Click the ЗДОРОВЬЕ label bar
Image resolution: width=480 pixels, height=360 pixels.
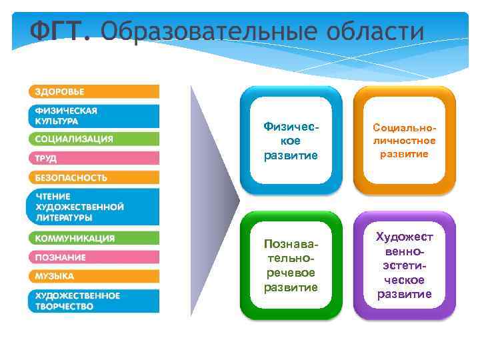(93, 91)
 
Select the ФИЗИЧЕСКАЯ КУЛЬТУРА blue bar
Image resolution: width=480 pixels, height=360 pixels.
(93, 116)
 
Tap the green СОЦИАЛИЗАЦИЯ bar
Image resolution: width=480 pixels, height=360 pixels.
(93, 139)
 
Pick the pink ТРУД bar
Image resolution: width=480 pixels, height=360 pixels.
(93, 159)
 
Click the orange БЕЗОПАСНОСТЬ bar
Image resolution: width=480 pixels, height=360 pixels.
(93, 178)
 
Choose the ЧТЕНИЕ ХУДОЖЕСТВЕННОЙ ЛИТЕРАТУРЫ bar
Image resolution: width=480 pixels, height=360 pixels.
(93, 207)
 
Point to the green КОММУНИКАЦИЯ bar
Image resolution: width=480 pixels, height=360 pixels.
(93, 238)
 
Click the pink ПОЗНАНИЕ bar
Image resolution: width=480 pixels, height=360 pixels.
(93, 257)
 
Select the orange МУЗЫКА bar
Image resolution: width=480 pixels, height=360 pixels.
(93, 276)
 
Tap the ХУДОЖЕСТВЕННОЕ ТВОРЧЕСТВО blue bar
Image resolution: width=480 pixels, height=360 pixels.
(93, 301)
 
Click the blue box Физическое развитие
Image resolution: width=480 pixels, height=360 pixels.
(291, 140)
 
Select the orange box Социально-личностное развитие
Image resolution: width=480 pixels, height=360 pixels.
(404, 140)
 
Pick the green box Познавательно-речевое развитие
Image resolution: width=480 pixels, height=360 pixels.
(291, 265)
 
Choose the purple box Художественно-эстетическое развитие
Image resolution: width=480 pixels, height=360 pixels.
(404, 265)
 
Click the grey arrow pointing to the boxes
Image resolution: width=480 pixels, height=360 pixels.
(213, 200)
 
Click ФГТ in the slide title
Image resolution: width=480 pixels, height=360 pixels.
(59, 31)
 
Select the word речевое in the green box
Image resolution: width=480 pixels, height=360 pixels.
(291, 273)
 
